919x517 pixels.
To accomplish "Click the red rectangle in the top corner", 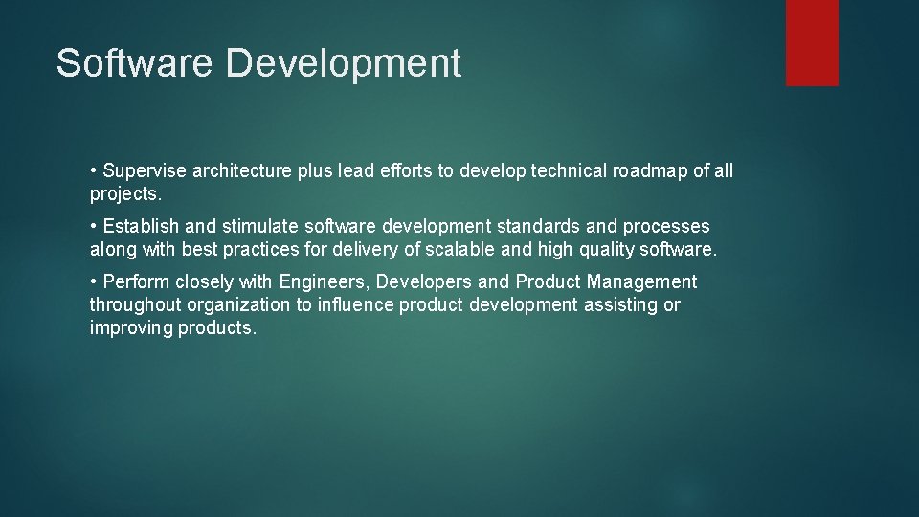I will click(x=812, y=42).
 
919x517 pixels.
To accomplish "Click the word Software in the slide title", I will click(x=135, y=63).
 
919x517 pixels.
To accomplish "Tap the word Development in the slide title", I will click(x=344, y=63).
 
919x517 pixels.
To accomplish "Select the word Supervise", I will click(x=145, y=171).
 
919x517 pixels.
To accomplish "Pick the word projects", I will click(x=124, y=194).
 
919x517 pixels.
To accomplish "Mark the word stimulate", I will click(x=259, y=227).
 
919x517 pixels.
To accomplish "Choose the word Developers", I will click(x=424, y=282).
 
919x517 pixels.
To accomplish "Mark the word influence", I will click(x=354, y=305).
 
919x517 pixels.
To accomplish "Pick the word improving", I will click(x=131, y=328).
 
